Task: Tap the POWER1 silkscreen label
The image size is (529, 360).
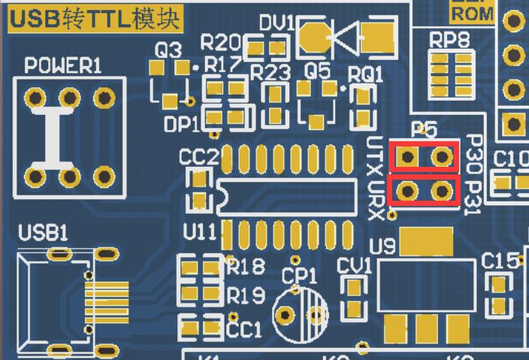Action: pos(62,66)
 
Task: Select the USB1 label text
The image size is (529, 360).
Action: pos(43,234)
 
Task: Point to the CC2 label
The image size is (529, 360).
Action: pos(198,158)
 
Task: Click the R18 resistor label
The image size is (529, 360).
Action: pos(246,267)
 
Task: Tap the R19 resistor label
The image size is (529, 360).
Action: pos(246,295)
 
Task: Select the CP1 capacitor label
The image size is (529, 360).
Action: pos(299,276)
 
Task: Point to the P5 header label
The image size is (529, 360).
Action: pos(425,130)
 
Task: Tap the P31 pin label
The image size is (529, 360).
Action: pos(472,198)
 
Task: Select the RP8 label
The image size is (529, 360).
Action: pos(449,40)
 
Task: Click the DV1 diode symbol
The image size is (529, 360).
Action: pos(348,36)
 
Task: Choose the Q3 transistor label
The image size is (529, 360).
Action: pos(168,51)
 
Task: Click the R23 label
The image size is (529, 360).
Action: pos(271,73)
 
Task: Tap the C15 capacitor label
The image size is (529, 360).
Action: pos(500,261)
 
